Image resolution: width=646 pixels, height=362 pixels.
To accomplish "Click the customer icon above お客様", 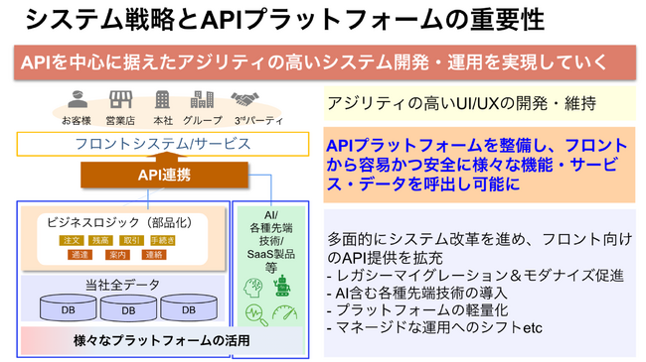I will [79, 100].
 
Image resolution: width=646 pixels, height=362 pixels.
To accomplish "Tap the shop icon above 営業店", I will [120, 100].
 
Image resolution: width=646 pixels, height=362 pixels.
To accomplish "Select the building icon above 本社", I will [163, 100].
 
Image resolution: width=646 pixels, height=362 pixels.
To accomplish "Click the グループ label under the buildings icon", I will [203, 120].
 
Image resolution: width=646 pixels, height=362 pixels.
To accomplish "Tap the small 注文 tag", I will [72, 240].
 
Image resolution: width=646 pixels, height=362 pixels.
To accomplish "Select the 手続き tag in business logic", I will [163, 240].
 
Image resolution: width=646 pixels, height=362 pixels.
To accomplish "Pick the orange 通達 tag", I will [81, 256].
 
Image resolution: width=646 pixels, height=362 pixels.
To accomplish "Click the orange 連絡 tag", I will [153, 256].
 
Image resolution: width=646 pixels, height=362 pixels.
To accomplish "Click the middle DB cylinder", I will [127, 308].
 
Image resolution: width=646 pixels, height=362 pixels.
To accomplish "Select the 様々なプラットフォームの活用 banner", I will [162, 340].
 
